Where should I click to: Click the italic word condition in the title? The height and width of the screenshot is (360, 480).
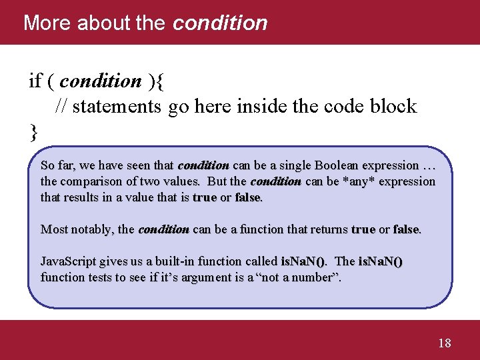click(220, 23)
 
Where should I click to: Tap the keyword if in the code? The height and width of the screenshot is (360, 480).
click(35, 81)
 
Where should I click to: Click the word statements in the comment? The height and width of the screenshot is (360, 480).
click(117, 106)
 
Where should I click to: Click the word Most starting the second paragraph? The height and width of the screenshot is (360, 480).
click(53, 229)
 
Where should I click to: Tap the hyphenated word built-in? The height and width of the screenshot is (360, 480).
click(170, 261)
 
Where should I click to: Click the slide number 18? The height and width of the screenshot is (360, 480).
click(445, 343)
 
